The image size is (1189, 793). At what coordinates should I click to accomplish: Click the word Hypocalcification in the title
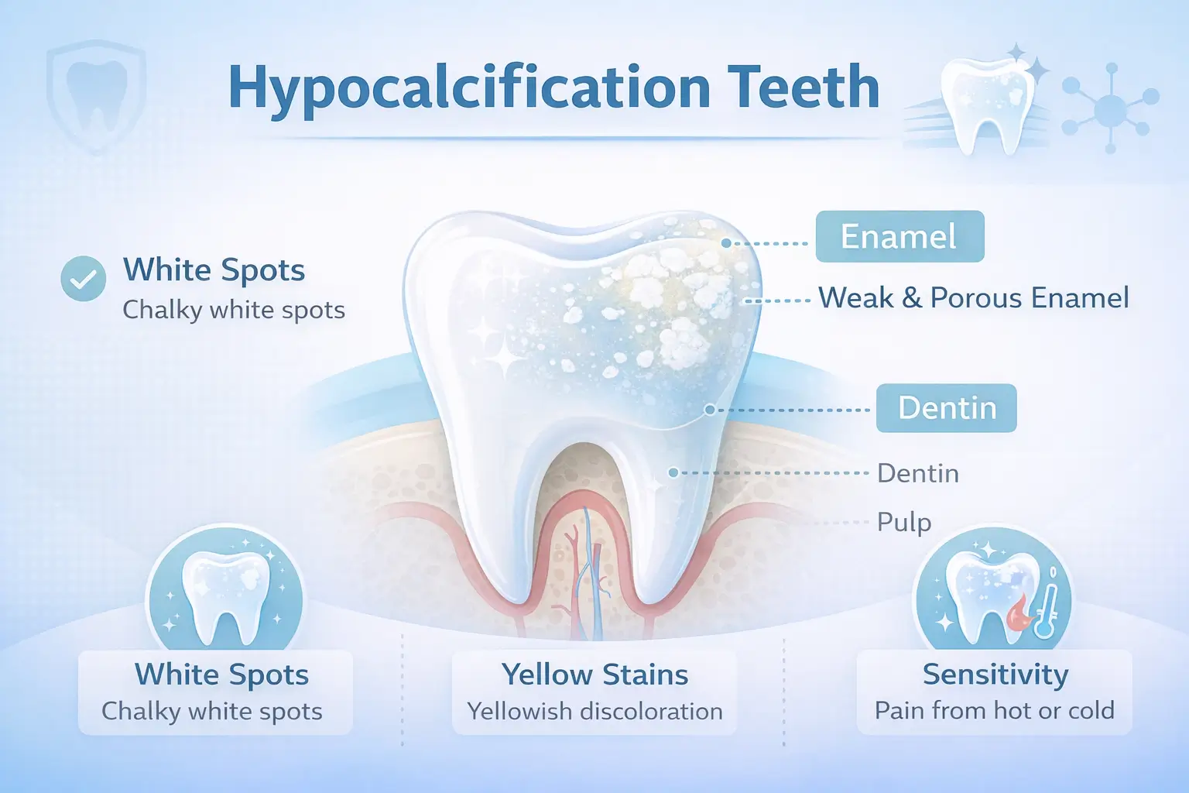click(469, 88)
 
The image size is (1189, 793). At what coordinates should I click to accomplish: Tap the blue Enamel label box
click(899, 236)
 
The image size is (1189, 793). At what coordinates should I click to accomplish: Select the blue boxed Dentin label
click(946, 408)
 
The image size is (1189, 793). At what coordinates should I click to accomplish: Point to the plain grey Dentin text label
click(917, 473)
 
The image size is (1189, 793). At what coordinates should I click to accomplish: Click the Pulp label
click(903, 522)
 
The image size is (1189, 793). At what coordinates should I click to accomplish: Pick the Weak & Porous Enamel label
click(974, 298)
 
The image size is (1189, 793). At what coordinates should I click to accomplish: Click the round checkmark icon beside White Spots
click(84, 279)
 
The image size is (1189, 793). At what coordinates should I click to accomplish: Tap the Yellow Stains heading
click(594, 675)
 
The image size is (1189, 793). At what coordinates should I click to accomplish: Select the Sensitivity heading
click(995, 675)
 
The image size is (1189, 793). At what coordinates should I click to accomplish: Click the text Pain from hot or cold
click(994, 710)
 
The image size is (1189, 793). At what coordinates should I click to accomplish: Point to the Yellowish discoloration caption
click(594, 711)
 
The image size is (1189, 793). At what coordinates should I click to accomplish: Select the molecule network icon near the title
click(1110, 108)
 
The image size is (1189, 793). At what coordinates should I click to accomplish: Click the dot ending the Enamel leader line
click(726, 243)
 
